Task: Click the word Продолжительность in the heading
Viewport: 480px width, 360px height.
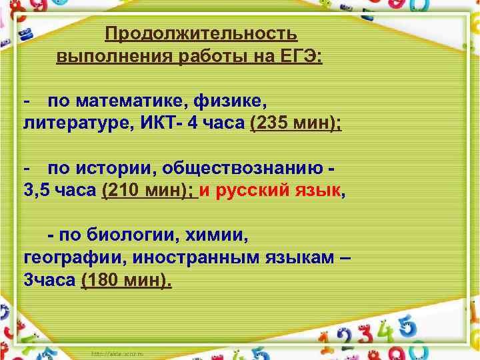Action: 201,34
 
